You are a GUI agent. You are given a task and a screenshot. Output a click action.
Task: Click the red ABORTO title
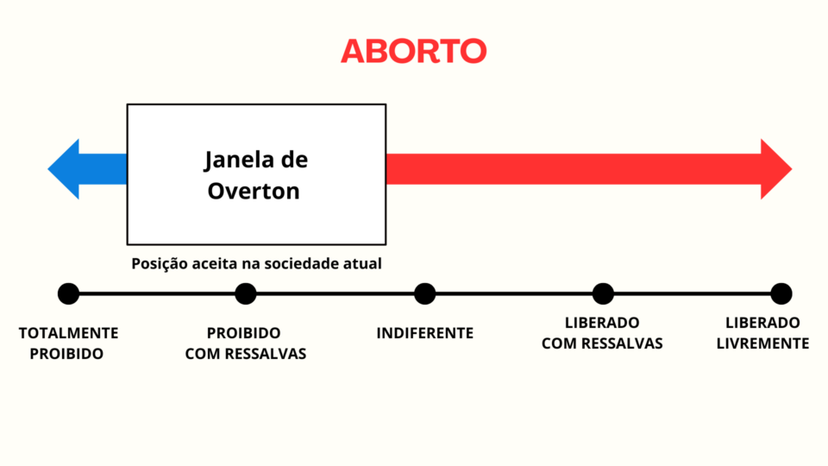(x=413, y=51)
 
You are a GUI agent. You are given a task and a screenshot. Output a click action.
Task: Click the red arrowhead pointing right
(x=775, y=169)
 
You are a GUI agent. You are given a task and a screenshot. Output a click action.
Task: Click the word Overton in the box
(x=254, y=191)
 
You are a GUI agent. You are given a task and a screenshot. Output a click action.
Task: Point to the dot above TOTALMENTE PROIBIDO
(x=68, y=293)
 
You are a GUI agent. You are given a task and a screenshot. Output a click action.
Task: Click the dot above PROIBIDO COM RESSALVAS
(x=246, y=293)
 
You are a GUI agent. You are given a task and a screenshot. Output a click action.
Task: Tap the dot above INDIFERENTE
(x=424, y=293)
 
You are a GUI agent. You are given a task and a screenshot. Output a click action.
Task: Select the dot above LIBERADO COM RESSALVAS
(x=603, y=293)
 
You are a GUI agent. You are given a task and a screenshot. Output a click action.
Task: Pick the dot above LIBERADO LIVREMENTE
(x=781, y=293)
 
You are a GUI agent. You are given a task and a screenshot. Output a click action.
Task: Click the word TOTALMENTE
(x=69, y=333)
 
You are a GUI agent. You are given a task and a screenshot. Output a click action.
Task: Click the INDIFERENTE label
(x=425, y=333)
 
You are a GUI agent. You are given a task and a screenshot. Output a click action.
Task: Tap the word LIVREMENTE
(x=762, y=343)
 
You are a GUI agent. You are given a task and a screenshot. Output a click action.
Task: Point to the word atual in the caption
(x=364, y=263)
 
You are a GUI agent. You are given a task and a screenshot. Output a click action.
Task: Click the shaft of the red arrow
(x=574, y=169)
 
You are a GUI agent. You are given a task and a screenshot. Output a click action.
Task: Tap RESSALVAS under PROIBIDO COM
(x=268, y=354)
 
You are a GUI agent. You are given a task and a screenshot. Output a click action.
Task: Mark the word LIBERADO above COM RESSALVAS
(x=602, y=323)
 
